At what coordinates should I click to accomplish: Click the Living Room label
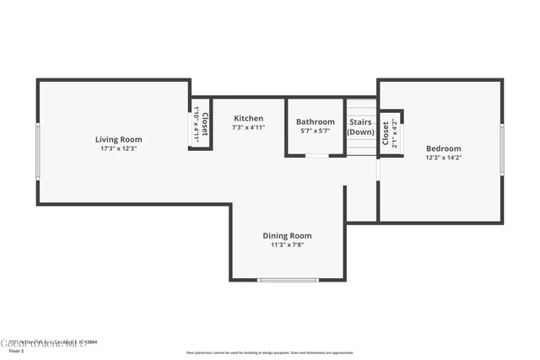(x=118, y=139)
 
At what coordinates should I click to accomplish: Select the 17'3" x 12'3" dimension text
(x=118, y=148)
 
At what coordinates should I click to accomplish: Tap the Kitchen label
(x=249, y=118)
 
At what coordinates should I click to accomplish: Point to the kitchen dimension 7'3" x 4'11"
(x=249, y=127)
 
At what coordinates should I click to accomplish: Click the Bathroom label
(x=316, y=121)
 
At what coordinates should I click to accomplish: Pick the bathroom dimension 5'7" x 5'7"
(x=316, y=131)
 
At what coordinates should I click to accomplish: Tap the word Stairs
(x=361, y=122)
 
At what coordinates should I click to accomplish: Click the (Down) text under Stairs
(x=361, y=132)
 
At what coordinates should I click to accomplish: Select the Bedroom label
(x=443, y=148)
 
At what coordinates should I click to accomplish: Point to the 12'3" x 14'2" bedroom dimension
(x=443, y=157)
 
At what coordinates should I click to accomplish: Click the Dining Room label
(x=288, y=235)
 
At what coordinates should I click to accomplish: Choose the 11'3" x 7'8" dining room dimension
(x=288, y=244)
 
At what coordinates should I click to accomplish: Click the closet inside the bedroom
(x=390, y=133)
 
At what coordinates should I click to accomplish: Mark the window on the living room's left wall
(x=37, y=152)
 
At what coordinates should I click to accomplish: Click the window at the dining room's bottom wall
(x=288, y=280)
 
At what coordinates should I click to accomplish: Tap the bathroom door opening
(x=316, y=156)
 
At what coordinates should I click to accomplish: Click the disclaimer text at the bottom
(x=270, y=352)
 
